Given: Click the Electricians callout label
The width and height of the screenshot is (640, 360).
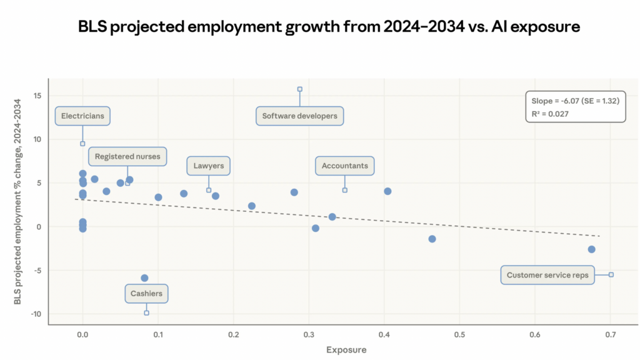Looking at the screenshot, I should pyautogui.click(x=83, y=116).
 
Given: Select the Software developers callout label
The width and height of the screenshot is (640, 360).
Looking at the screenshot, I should pyautogui.click(x=299, y=116).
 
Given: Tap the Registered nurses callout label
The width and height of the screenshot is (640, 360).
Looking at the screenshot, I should pyautogui.click(x=127, y=156).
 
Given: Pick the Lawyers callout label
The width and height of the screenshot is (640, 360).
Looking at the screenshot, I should pyautogui.click(x=209, y=166).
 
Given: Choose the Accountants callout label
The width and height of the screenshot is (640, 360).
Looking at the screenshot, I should pyautogui.click(x=344, y=166).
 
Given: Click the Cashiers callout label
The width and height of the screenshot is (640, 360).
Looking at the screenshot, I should pyautogui.click(x=146, y=293).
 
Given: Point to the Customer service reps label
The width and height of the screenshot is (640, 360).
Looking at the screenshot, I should pyautogui.click(x=547, y=275).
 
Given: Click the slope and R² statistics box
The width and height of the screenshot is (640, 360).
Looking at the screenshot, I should pyautogui.click(x=576, y=107).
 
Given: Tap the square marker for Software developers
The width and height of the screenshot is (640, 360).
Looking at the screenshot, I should pyautogui.click(x=299, y=89).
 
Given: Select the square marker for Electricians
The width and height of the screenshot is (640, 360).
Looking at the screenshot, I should pyautogui.click(x=82, y=144).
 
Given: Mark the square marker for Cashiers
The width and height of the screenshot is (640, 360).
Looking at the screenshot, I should pyautogui.click(x=146, y=313).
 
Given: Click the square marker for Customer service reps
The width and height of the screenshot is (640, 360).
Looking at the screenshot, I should pyautogui.click(x=611, y=274).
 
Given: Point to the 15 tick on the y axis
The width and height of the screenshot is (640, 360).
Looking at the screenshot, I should pyautogui.click(x=37, y=96).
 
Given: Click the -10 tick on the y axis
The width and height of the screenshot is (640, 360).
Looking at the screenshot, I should pyautogui.click(x=36, y=314).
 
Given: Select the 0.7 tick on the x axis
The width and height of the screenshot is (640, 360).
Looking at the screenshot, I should pyautogui.click(x=611, y=336).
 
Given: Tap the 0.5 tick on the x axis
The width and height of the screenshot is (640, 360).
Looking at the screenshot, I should pyautogui.click(x=459, y=336).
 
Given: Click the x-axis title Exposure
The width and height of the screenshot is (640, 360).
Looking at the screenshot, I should pyautogui.click(x=346, y=350).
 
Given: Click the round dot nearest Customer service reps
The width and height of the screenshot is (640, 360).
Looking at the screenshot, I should pyautogui.click(x=591, y=249).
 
